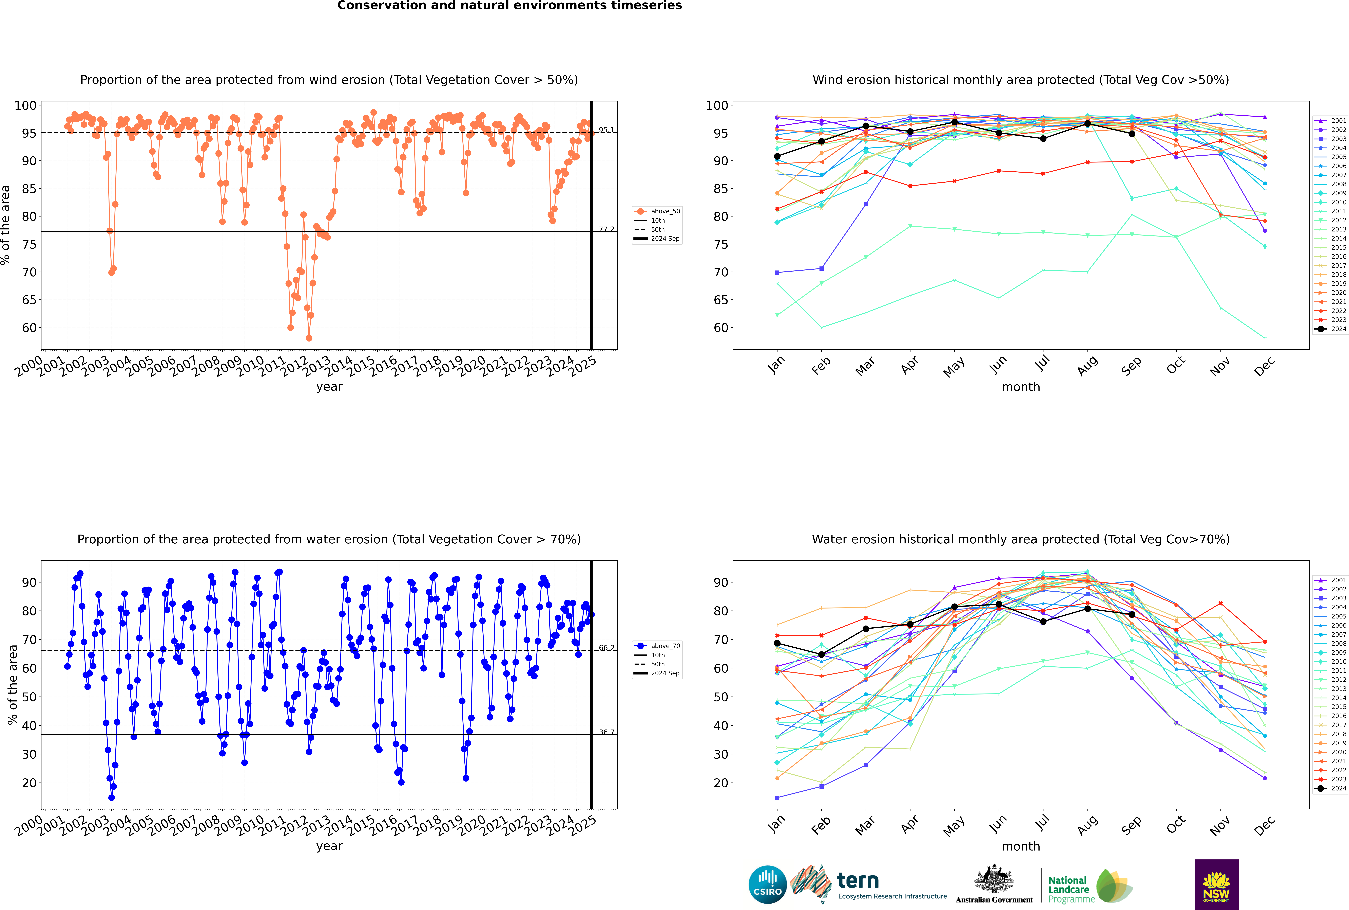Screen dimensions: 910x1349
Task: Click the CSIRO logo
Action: click(767, 885)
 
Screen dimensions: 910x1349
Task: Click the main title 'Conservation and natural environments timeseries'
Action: click(509, 6)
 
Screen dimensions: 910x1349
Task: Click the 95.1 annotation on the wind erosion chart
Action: click(606, 130)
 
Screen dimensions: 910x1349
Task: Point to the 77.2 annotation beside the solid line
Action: click(606, 229)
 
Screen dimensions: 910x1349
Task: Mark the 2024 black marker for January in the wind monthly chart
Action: click(777, 157)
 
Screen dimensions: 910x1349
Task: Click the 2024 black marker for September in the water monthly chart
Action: click(1132, 615)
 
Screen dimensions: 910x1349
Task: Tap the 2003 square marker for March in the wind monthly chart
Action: click(866, 204)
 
